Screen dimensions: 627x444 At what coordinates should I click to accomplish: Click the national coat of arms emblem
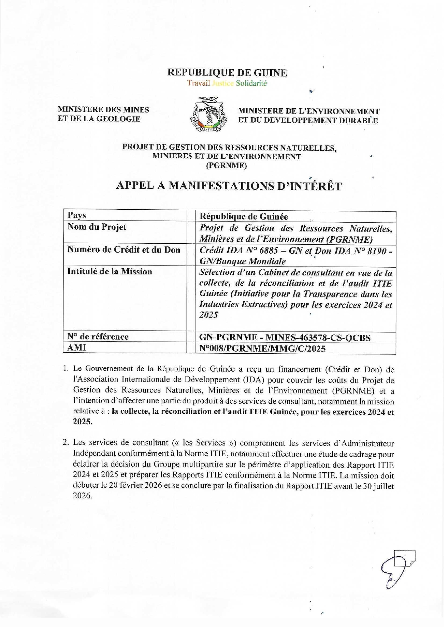click(x=209, y=114)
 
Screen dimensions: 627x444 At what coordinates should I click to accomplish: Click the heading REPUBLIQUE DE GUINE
click(x=227, y=73)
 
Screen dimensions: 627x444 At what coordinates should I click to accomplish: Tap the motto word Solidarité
click(x=251, y=84)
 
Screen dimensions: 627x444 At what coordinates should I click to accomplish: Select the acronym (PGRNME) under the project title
click(x=227, y=166)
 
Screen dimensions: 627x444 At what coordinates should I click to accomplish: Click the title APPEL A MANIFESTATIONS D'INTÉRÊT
click(x=229, y=186)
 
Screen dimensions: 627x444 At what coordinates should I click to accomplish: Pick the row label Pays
click(x=77, y=215)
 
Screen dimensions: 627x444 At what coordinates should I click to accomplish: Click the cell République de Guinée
click(x=243, y=217)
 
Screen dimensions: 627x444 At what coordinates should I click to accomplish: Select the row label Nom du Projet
click(x=97, y=227)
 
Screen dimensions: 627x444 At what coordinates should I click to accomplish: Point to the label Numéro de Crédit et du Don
click(x=124, y=250)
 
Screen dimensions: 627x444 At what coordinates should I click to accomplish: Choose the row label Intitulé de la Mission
click(x=110, y=272)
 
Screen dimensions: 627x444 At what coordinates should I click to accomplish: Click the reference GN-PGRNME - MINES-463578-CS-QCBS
click(x=285, y=337)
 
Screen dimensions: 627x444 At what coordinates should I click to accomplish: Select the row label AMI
click(x=77, y=347)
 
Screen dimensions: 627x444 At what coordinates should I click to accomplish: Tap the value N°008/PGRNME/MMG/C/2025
click(x=262, y=348)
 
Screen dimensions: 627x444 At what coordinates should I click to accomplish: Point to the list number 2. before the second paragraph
click(x=65, y=442)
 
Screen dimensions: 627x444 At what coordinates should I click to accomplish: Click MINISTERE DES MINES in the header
click(x=103, y=110)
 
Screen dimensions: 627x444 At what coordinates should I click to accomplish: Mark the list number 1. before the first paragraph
click(x=65, y=368)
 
